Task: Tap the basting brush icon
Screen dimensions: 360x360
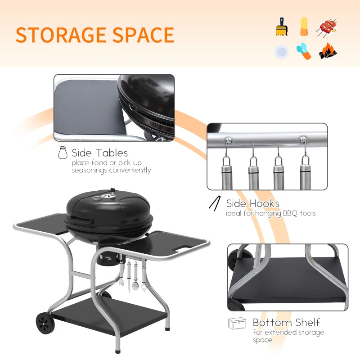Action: (x=282, y=28)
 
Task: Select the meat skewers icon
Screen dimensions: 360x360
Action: (x=327, y=28)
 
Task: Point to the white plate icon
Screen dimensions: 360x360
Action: (x=281, y=52)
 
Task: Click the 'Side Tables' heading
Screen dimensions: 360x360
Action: (x=99, y=153)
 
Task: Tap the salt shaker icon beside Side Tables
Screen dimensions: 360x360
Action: (x=62, y=153)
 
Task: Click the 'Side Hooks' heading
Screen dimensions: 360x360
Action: (x=252, y=204)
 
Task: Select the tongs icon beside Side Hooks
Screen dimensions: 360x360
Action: (x=214, y=203)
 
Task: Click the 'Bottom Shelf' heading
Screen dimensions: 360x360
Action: (x=286, y=322)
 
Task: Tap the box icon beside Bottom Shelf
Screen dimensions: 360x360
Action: (x=237, y=323)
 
